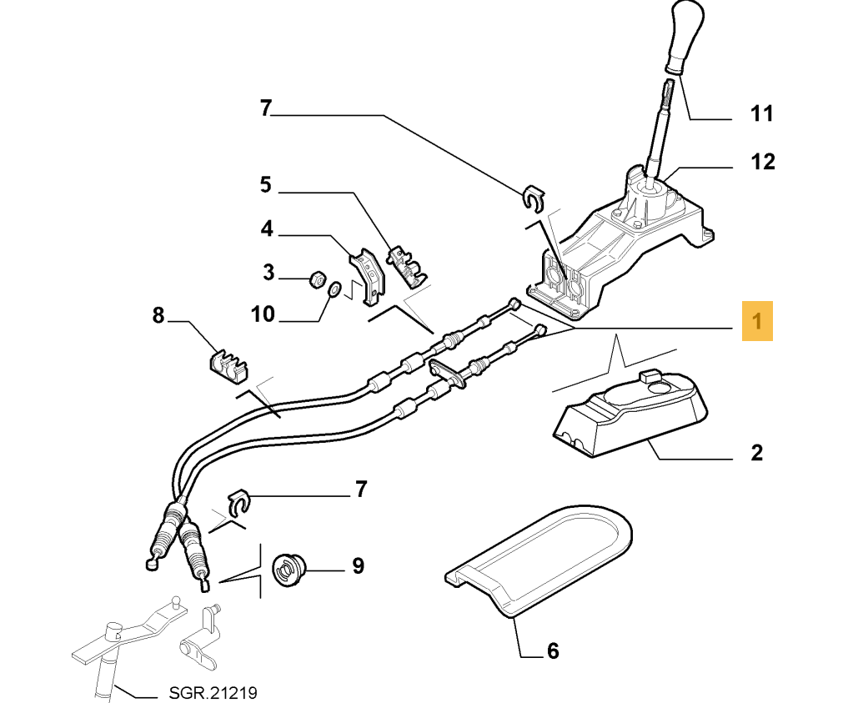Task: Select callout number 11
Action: click(762, 113)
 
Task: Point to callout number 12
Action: click(762, 161)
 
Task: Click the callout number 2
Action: click(756, 453)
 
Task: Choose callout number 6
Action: click(552, 650)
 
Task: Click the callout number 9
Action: click(358, 566)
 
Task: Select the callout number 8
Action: click(158, 316)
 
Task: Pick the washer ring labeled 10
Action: click(333, 290)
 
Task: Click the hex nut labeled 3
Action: click(316, 279)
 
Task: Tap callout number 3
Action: click(268, 272)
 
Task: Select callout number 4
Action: click(267, 228)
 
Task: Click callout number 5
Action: click(265, 184)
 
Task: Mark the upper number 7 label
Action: click(266, 108)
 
